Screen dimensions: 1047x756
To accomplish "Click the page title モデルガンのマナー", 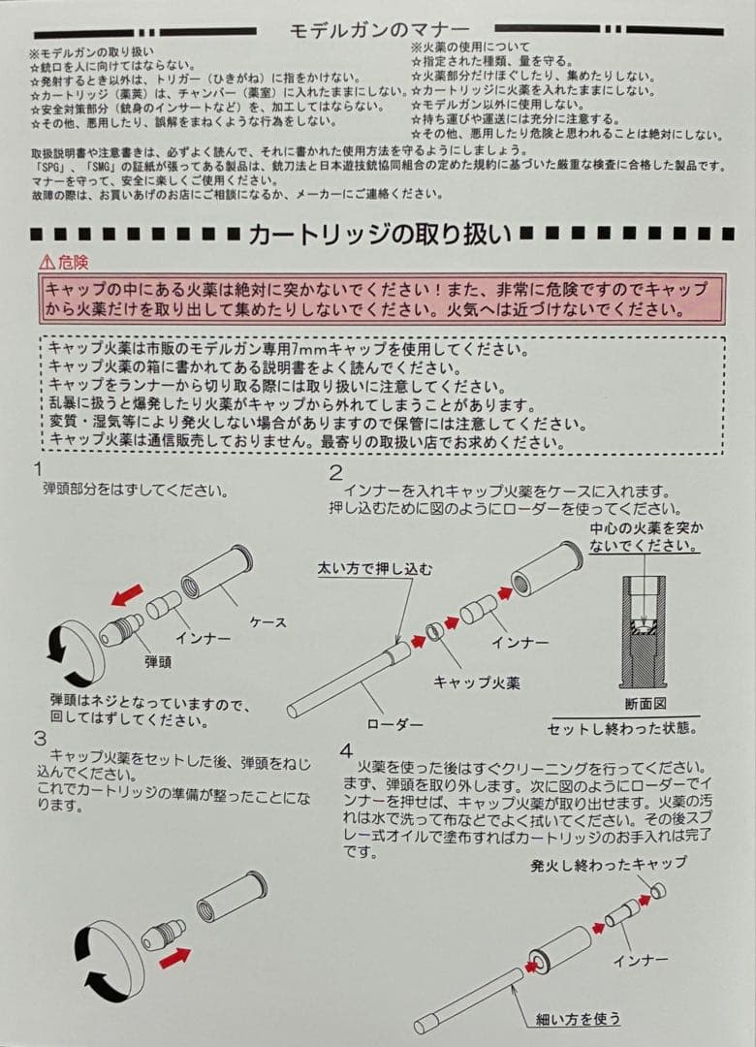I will [379, 31].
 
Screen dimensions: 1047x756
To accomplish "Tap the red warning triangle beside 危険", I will [47, 262].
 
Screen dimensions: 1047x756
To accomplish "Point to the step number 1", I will [37, 469].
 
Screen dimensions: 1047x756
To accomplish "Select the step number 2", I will [335, 473].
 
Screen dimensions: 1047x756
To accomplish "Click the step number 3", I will [39, 737].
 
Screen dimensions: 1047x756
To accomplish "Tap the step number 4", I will [346, 750].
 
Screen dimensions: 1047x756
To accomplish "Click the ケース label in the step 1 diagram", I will [268, 621].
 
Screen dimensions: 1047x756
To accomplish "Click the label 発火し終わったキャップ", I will [608, 862].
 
